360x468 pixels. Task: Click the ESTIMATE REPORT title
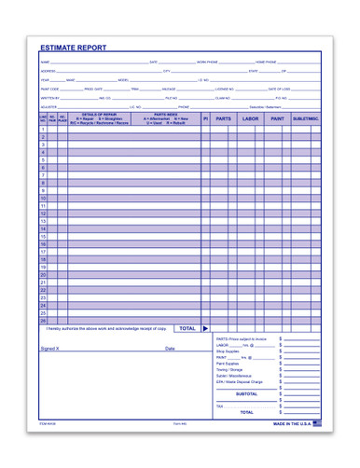click(x=73, y=48)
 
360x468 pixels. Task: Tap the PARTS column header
click(x=224, y=119)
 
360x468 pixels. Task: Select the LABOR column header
click(x=250, y=119)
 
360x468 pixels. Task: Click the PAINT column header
click(x=277, y=119)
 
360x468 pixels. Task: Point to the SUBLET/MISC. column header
click(x=306, y=119)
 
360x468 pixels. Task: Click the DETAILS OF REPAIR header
click(x=99, y=115)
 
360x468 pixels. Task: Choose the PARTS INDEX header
click(x=167, y=115)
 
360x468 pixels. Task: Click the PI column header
click(x=205, y=119)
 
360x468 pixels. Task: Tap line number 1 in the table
click(x=44, y=129)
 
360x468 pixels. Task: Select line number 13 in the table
click(x=44, y=221)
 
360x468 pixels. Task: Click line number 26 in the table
click(x=44, y=320)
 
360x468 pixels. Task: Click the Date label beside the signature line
click(x=170, y=349)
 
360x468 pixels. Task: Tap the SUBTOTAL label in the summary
click(x=246, y=393)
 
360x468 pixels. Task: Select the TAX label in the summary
click(x=220, y=406)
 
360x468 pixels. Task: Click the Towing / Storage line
click(x=229, y=369)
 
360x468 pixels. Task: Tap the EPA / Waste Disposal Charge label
click(x=240, y=381)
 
